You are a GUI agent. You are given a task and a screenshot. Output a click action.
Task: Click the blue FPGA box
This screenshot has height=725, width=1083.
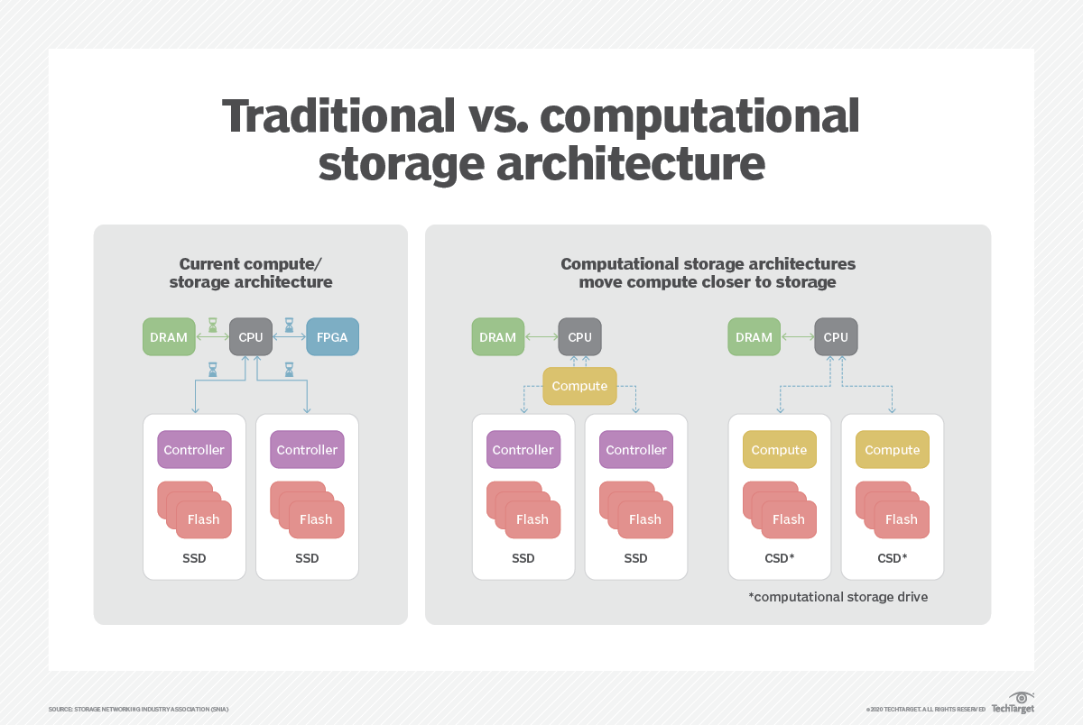[333, 336]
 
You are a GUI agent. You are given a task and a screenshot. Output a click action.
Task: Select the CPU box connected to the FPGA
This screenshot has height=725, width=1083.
[251, 336]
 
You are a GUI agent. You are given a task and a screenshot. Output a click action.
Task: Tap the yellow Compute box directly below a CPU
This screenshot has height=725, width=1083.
[579, 386]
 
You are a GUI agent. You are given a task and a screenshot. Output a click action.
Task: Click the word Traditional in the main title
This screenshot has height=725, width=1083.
[338, 116]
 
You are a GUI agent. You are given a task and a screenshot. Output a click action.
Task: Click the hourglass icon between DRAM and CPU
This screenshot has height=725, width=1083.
[212, 325]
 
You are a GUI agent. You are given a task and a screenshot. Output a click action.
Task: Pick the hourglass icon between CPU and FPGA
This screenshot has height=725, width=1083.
[289, 325]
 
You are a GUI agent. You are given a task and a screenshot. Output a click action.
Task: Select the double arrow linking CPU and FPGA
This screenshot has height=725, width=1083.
[289, 336]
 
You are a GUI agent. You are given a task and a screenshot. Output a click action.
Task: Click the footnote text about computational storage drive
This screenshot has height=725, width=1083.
[838, 597]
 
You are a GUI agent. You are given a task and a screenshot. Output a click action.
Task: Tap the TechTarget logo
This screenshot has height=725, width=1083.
[1013, 703]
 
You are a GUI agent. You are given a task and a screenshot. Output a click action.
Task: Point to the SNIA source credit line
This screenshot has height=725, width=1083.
[138, 709]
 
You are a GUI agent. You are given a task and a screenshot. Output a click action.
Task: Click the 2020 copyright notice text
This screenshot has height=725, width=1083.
[925, 709]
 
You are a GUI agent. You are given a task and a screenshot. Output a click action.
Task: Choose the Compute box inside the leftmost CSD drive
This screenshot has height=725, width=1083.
[780, 450]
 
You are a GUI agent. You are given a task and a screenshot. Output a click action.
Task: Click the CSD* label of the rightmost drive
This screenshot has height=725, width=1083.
[892, 558]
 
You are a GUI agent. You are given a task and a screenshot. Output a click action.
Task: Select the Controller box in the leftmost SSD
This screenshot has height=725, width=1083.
[194, 450]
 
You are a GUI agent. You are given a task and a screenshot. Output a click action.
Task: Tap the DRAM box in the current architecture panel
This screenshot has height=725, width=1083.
[169, 336]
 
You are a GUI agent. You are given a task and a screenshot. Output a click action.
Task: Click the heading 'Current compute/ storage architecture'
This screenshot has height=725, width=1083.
[251, 273]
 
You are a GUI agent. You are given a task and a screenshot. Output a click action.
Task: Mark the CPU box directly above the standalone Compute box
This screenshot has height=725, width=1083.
[579, 336]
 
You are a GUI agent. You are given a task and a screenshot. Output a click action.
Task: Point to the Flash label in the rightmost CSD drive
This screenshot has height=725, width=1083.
[902, 519]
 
